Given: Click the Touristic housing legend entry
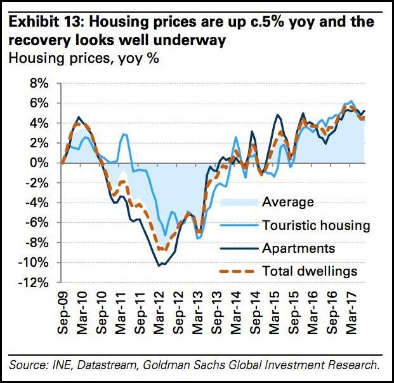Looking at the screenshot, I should click(315, 225).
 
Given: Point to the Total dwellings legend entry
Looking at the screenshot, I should click(309, 271).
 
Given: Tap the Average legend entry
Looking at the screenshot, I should click(287, 203).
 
